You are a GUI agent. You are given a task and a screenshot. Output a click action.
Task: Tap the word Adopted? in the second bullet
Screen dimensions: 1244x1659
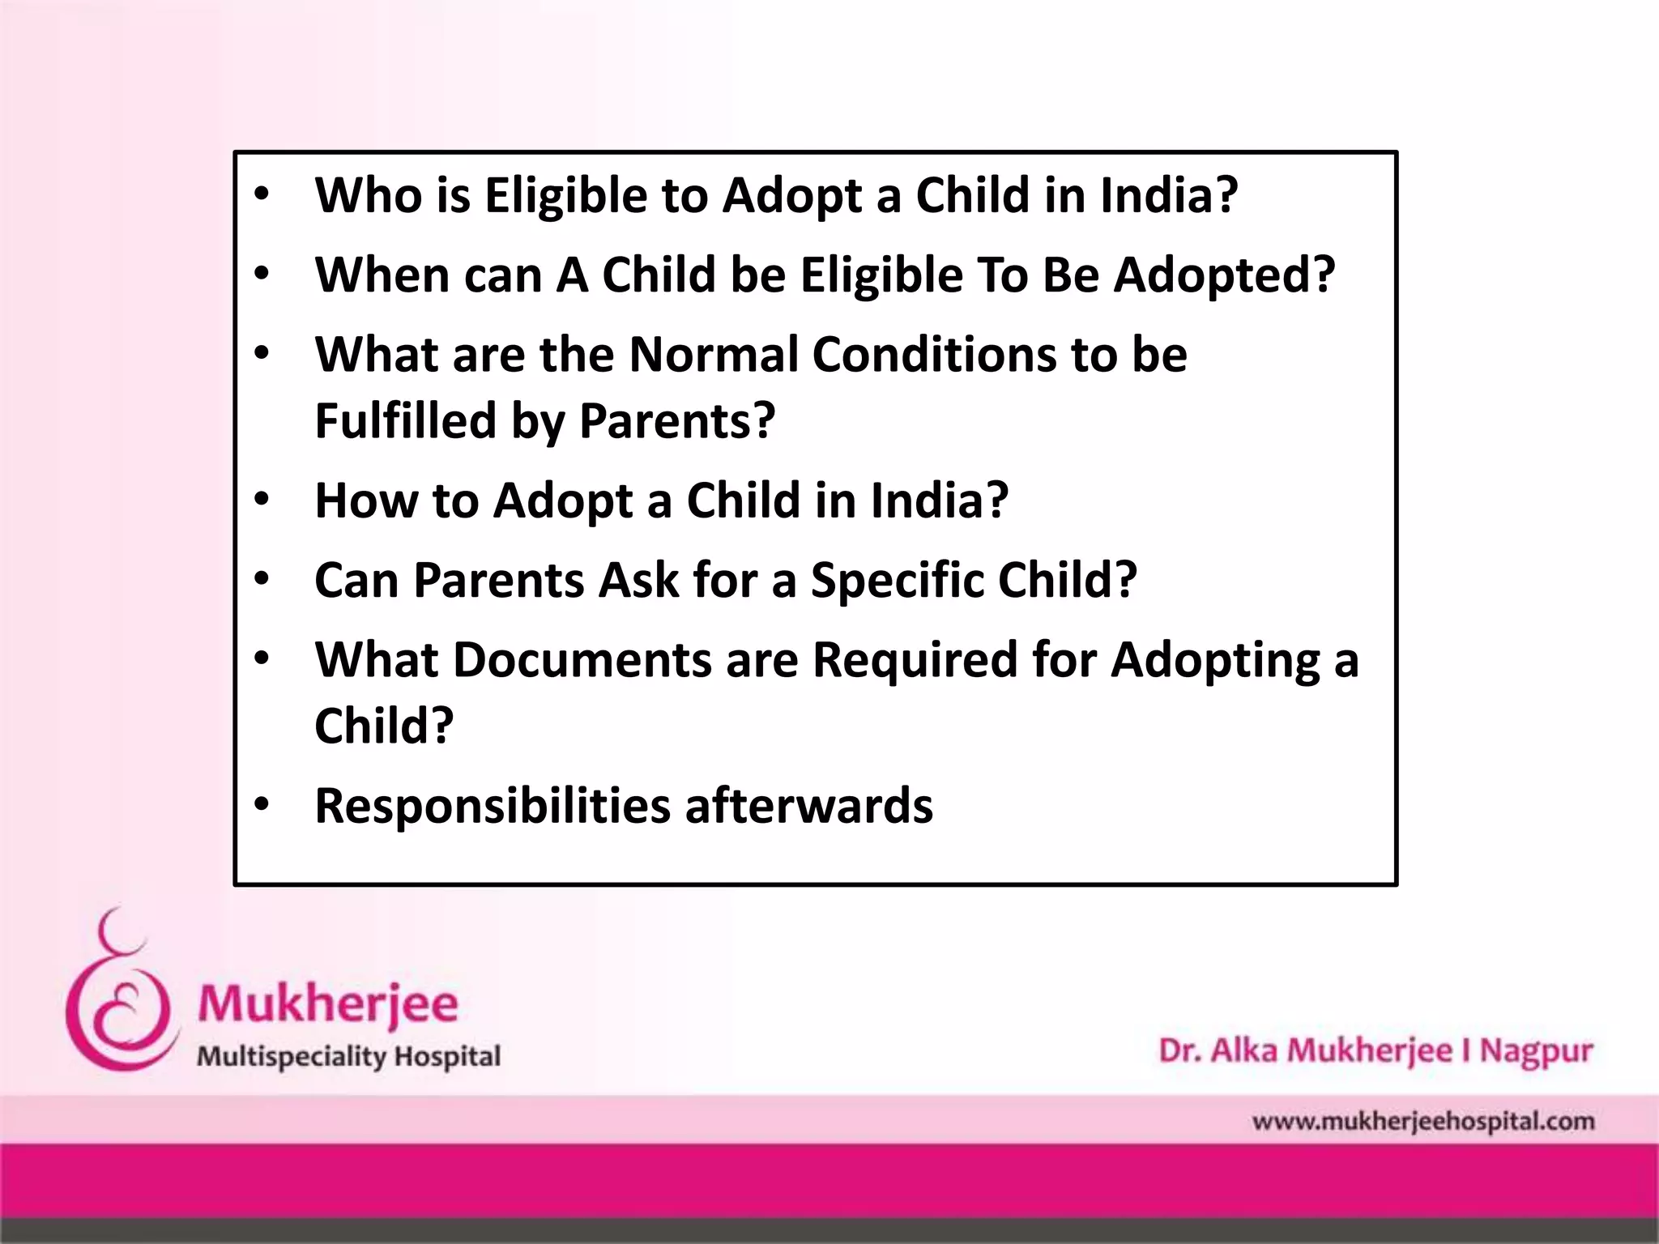click(1224, 275)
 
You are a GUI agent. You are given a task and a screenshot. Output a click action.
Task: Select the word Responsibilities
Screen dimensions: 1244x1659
click(493, 805)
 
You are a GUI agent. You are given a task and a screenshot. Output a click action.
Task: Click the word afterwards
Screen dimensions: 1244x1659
click(808, 805)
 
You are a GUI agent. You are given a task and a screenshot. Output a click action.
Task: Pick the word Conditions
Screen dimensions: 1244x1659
click(934, 355)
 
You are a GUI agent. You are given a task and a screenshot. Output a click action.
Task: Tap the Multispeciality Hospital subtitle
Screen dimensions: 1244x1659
click(349, 1057)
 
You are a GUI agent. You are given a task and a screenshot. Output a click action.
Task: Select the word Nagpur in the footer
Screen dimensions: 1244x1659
click(1536, 1051)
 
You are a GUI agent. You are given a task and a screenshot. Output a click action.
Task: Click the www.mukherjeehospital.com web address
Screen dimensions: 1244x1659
click(1422, 1122)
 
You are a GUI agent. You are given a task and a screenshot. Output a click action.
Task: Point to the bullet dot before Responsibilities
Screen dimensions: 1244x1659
click(261, 804)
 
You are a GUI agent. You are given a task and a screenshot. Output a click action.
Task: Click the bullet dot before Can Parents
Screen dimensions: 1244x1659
click(261, 579)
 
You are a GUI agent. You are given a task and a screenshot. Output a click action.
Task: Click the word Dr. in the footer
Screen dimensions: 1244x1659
click(1179, 1051)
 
